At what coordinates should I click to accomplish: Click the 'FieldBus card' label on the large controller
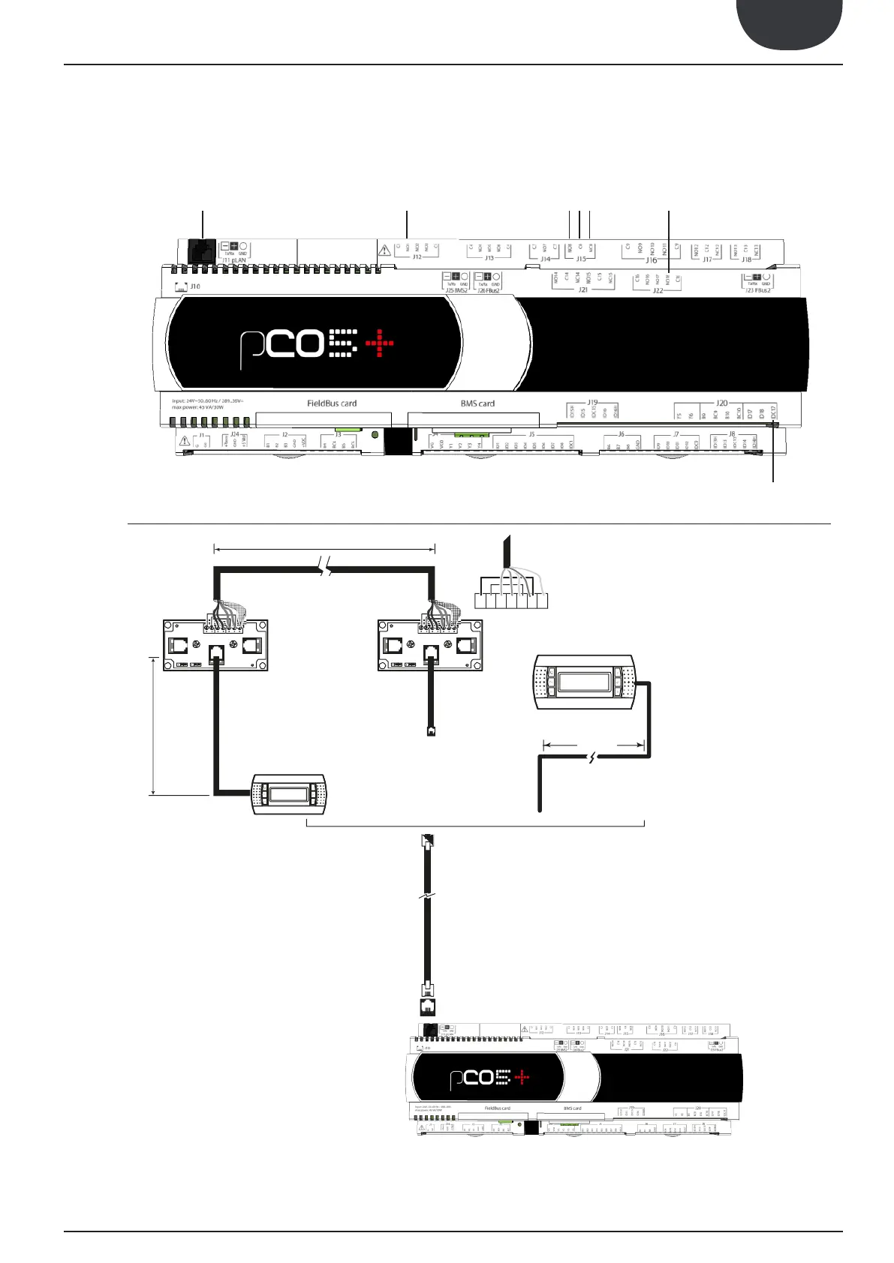click(x=332, y=403)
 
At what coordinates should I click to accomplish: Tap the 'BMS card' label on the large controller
click(x=477, y=403)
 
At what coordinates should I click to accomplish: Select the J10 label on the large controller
click(x=194, y=286)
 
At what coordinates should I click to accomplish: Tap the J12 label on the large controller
click(x=417, y=257)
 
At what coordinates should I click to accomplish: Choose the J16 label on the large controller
click(x=652, y=260)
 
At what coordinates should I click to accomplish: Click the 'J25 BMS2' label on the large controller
click(x=456, y=290)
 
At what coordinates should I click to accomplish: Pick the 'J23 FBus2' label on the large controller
click(x=758, y=290)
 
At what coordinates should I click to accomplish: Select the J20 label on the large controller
click(x=721, y=403)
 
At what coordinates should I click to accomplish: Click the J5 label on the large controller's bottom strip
click(x=531, y=434)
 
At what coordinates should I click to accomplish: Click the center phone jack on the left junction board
click(x=216, y=653)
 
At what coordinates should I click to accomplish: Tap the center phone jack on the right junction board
click(x=430, y=653)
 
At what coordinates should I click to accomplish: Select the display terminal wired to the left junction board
click(x=289, y=793)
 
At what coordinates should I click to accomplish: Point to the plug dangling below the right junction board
click(x=431, y=730)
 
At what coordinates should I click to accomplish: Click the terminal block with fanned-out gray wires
click(x=510, y=600)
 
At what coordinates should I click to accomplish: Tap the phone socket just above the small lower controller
click(x=426, y=1006)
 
